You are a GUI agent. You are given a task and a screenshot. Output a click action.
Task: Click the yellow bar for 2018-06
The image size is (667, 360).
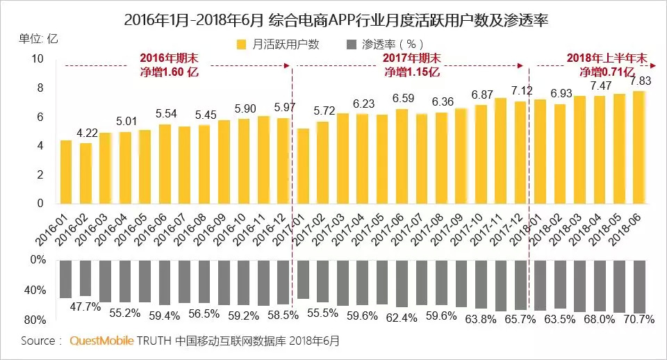[x=639, y=147]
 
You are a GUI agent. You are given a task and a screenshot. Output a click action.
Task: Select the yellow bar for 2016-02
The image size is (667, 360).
[x=85, y=173]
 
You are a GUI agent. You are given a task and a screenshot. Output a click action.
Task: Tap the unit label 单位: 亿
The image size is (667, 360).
[x=39, y=38]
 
